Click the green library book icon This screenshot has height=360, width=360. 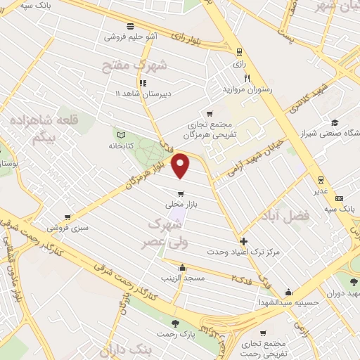[x=120, y=134]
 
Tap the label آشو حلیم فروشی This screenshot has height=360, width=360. [x=131, y=36]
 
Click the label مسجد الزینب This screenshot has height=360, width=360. [x=184, y=278]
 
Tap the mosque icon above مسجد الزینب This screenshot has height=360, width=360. [x=183, y=267]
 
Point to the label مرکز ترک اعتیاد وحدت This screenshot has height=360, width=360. [x=243, y=251]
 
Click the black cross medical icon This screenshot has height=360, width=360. [x=243, y=240]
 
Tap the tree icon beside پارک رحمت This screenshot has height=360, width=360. [x=174, y=323]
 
